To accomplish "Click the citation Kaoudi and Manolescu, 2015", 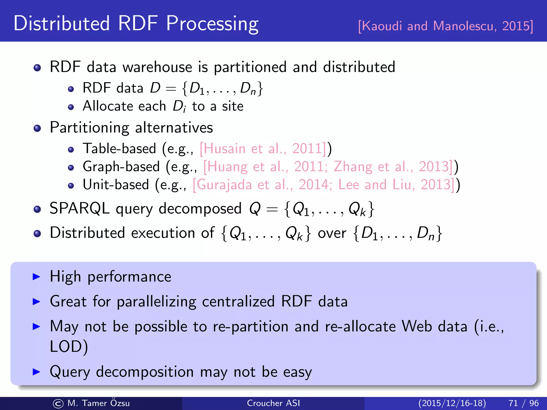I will click(x=446, y=26).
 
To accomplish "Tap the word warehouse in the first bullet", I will click(x=157, y=67).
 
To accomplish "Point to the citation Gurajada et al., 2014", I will click(x=262, y=185).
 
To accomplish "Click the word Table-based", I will click(x=119, y=149).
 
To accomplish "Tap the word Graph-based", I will click(x=121, y=167).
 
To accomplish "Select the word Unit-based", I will click(x=116, y=185).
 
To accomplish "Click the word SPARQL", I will click(x=79, y=208).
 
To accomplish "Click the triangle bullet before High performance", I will click(x=36, y=277).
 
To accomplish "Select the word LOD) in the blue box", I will click(x=69, y=347).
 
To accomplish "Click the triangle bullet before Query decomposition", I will click(x=36, y=372).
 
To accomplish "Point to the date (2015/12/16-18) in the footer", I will click(x=452, y=403).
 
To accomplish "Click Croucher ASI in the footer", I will click(x=273, y=403).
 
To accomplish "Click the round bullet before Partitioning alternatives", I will click(x=37, y=128).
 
